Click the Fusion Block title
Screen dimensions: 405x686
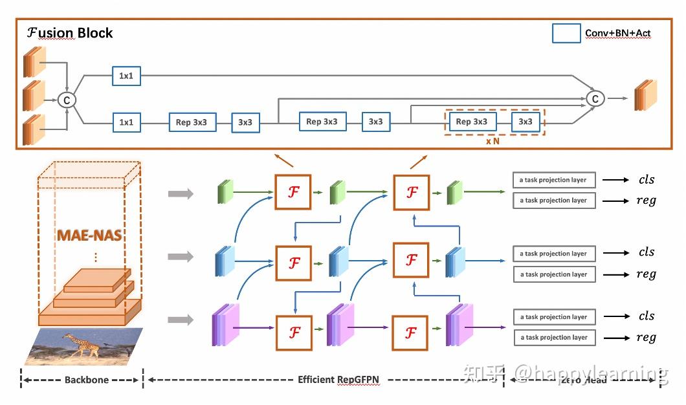click(70, 33)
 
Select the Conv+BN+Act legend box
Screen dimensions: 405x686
click(566, 33)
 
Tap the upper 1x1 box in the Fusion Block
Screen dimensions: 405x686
click(126, 76)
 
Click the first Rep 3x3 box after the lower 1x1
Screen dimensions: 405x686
click(192, 122)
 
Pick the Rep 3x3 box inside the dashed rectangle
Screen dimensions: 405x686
click(471, 122)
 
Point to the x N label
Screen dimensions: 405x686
click(493, 140)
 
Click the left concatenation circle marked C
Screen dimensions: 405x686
click(67, 100)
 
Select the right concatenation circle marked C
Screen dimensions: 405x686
click(595, 98)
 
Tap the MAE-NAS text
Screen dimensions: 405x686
click(89, 234)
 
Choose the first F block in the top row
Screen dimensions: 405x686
click(294, 192)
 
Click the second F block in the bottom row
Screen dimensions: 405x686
click(410, 333)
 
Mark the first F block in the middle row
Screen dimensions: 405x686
click(294, 263)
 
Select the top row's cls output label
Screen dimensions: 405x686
click(646, 180)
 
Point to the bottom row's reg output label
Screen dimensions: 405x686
click(646, 337)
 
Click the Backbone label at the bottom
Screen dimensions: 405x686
click(86, 380)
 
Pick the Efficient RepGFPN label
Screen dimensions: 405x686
click(338, 380)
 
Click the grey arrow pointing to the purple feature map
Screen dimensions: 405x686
click(181, 320)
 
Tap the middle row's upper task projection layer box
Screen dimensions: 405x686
click(553, 254)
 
